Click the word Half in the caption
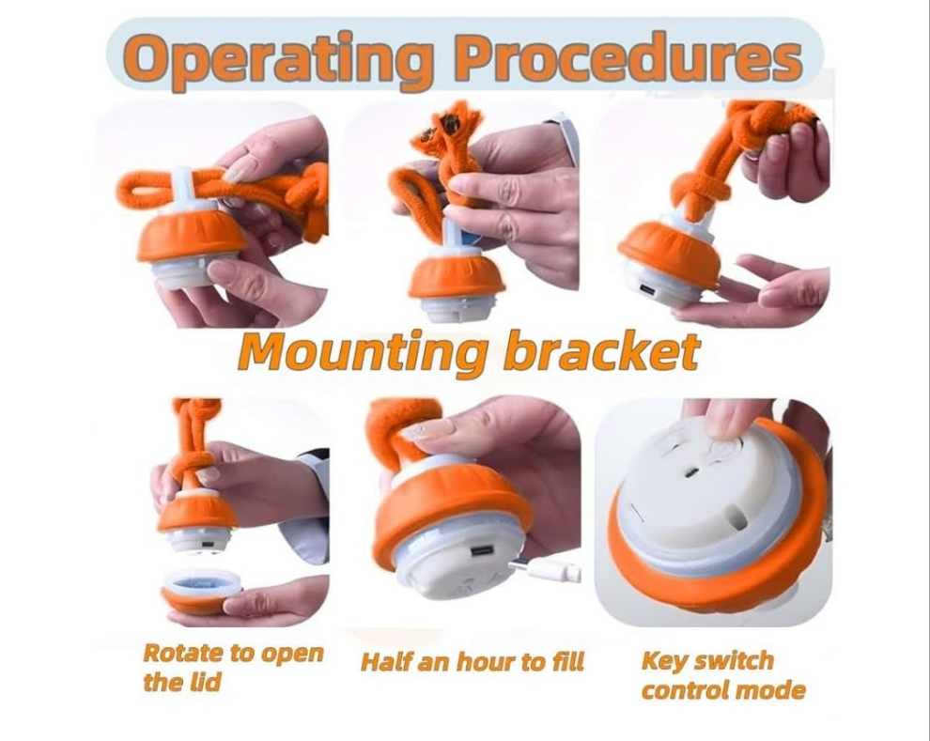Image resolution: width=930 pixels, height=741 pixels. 385,661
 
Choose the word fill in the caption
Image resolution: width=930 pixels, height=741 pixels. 567,661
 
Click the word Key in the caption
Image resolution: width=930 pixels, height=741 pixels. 664,661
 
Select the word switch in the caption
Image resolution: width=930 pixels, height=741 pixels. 734,660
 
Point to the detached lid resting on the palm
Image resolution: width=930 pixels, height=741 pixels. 202,591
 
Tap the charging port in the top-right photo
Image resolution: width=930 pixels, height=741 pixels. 647,290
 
